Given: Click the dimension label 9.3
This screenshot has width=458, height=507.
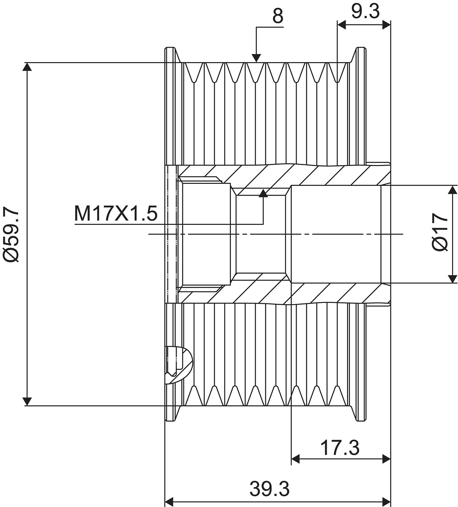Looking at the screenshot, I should click(365, 11).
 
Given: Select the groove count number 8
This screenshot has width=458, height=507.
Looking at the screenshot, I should click(277, 16).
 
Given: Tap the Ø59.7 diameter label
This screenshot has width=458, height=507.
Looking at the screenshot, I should click(11, 234).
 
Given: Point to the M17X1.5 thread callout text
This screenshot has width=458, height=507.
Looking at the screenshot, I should click(116, 214).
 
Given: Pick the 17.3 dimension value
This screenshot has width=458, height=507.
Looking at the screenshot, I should click(339, 448).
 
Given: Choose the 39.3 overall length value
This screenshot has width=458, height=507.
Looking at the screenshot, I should click(269, 489).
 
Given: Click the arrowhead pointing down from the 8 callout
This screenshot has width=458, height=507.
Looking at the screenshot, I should click(256, 58).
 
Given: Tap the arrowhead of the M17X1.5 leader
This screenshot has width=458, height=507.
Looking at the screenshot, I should click(263, 194).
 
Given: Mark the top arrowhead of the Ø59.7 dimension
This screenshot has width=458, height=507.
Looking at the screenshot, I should click(27, 67).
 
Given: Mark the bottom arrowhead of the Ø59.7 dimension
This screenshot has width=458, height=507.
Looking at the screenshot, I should click(27, 401).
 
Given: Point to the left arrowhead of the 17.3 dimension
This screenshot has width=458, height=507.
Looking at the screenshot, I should click(296, 459).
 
